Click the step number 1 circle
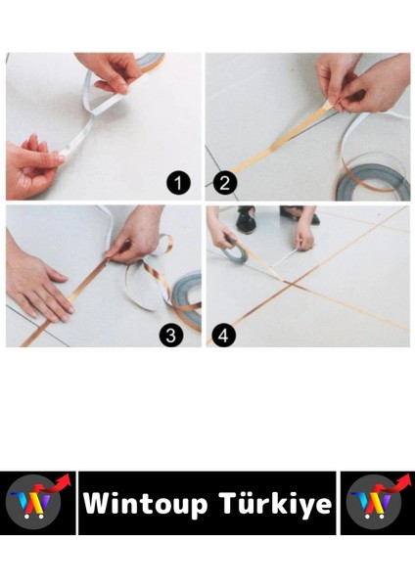pos(178,183)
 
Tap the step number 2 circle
pos(225,183)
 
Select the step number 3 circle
pos(170,335)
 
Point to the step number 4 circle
pos(223,335)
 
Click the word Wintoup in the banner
pos(146,504)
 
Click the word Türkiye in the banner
pos(276,503)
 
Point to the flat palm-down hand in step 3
pos(37,285)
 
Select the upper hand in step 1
pos(107,70)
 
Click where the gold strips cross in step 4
pos(292,285)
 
